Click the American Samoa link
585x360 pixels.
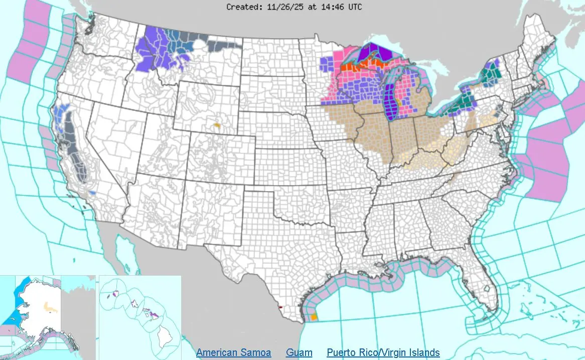tap(233, 352)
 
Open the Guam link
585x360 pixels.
tap(299, 352)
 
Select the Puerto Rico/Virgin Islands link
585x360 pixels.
tap(383, 352)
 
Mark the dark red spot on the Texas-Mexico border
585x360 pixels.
tap(280, 306)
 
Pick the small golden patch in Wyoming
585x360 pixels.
tap(217, 125)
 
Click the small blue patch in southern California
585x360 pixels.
tap(92, 193)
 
